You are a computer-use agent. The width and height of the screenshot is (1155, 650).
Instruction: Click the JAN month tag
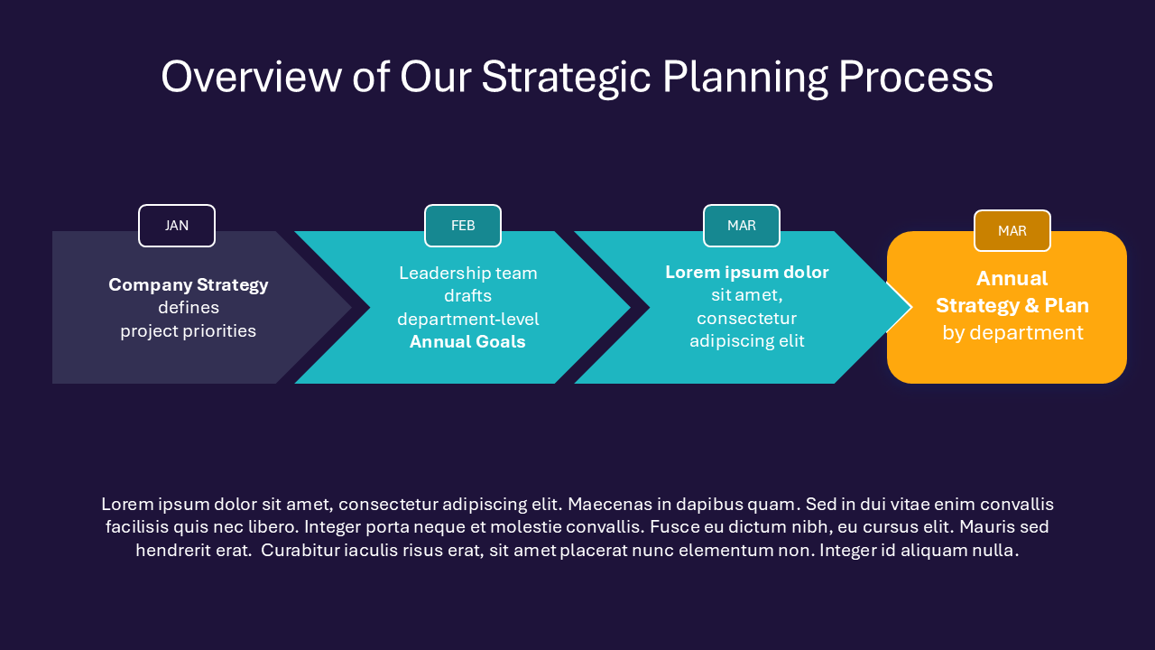(x=177, y=226)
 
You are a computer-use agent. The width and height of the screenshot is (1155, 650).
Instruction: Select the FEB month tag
(x=463, y=226)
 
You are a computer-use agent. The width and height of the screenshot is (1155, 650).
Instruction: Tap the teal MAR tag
(x=742, y=226)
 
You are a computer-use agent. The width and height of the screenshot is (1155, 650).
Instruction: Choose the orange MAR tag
(x=1012, y=231)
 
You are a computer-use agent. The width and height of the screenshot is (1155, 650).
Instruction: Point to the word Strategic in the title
(x=566, y=78)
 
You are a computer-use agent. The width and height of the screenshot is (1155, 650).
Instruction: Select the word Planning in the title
(x=744, y=78)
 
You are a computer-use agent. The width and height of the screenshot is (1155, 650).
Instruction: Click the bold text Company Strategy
(x=189, y=285)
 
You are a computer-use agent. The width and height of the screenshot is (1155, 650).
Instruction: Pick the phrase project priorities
(x=189, y=331)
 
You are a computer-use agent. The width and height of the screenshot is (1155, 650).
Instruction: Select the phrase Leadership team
(x=467, y=274)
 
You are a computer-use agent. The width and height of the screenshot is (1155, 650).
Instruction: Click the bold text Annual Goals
(x=467, y=342)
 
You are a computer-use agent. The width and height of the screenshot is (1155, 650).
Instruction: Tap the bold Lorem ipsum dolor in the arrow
(x=747, y=273)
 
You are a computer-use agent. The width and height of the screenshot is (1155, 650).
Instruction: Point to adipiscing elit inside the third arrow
(x=747, y=341)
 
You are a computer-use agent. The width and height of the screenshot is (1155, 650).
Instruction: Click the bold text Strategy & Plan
(x=1012, y=306)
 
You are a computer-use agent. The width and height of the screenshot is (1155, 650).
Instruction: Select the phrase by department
(x=1012, y=333)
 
